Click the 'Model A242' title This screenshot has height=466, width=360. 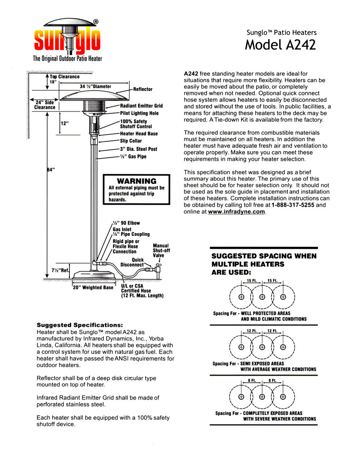click(x=280, y=45)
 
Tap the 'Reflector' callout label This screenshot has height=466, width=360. click(x=143, y=89)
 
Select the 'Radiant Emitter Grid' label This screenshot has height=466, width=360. click(x=141, y=106)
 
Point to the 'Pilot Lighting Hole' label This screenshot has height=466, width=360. click(x=139, y=113)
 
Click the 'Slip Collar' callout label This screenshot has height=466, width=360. click(x=131, y=141)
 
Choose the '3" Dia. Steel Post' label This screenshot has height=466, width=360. click(x=139, y=149)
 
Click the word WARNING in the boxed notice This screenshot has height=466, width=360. click(x=137, y=181)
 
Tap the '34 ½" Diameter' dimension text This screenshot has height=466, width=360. click(x=95, y=87)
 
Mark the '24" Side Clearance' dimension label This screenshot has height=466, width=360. click(x=45, y=105)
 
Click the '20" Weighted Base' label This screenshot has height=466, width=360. click(x=93, y=288)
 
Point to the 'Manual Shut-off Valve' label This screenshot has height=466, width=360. click(x=161, y=250)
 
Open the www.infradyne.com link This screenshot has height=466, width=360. click(x=236, y=212)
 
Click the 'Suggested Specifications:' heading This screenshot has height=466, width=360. click(x=80, y=325)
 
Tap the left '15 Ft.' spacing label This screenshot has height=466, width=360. click(x=252, y=281)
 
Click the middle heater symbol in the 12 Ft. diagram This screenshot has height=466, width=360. click(x=262, y=347)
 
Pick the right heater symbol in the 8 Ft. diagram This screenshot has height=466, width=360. click(x=283, y=396)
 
